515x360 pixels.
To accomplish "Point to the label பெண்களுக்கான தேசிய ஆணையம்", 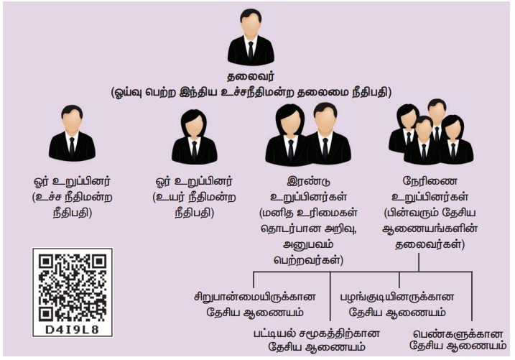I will [x=459, y=341].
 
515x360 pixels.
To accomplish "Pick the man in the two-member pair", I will [x=327, y=133].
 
